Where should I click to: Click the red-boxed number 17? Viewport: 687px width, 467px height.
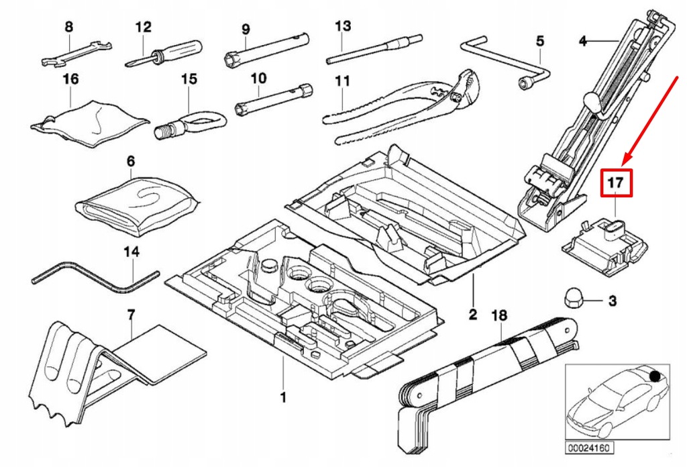tap(616, 182)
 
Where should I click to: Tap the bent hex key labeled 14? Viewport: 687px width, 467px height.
tap(94, 277)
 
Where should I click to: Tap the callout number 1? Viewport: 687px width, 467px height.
tap(283, 397)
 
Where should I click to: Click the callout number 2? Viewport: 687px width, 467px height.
tap(472, 313)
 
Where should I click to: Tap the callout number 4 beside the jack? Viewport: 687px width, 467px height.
tap(583, 42)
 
